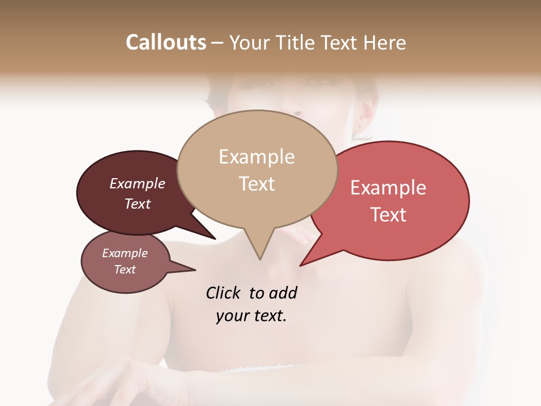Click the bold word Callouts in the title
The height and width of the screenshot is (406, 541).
point(166,42)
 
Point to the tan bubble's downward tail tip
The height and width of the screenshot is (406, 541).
point(260,258)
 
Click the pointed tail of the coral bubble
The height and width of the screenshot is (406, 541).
point(303,264)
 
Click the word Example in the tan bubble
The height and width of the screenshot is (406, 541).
point(256,157)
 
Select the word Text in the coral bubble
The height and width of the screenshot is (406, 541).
point(388,215)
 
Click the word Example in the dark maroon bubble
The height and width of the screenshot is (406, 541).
point(137,183)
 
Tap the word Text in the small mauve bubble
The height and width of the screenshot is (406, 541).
point(125,270)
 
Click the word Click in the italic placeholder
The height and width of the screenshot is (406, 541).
point(224,293)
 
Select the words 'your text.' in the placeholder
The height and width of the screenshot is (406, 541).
point(251,316)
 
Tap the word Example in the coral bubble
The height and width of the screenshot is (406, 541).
point(388,188)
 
